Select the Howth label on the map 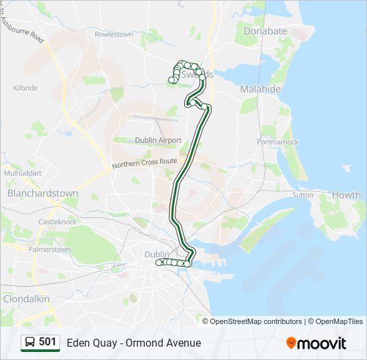tap(346, 195)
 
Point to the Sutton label tap(302, 195)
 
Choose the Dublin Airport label tap(158, 140)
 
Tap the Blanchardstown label tap(43, 193)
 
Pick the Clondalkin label tap(27, 299)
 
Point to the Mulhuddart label tap(23, 173)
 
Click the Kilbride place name tap(25, 88)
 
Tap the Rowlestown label tap(113, 34)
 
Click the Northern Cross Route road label tap(144, 163)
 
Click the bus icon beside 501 tap(30, 343)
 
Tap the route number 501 tap(48, 342)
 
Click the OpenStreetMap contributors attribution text tap(256, 321)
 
